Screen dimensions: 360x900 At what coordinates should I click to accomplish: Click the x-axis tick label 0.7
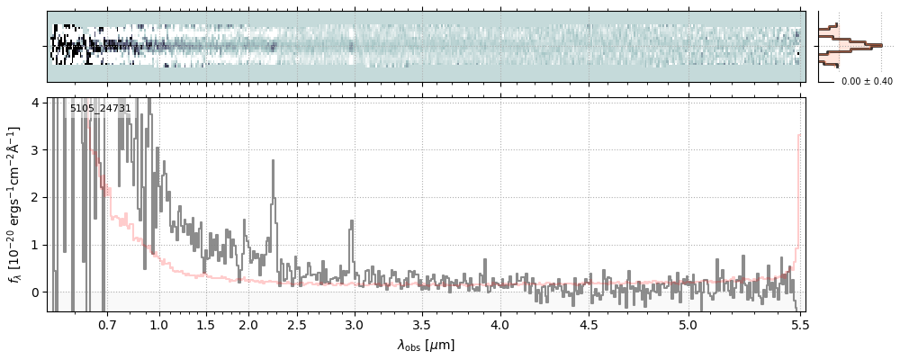[x=107, y=324]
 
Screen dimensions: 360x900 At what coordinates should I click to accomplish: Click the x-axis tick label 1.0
[x=159, y=324]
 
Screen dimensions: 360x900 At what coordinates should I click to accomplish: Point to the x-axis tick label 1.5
[x=205, y=324]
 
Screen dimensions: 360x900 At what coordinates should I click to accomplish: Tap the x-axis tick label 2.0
[x=248, y=324]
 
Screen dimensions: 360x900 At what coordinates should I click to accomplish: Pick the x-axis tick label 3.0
[x=354, y=324]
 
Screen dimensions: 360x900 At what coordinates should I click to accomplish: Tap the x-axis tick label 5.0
[x=688, y=324]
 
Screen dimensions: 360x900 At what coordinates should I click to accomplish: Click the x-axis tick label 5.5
[x=798, y=324]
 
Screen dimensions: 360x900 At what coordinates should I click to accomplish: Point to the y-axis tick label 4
[x=37, y=103]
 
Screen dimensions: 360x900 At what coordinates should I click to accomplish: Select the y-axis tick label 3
[x=37, y=150]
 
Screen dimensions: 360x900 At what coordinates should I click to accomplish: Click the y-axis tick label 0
[x=37, y=292]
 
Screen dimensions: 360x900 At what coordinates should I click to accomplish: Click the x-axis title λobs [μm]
[x=426, y=345]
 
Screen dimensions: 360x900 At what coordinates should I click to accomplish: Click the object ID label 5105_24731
[x=101, y=109]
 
